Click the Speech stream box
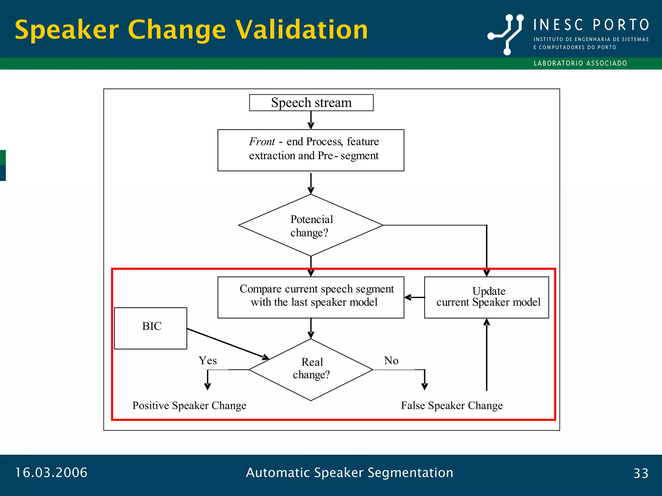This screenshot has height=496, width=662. click(311, 103)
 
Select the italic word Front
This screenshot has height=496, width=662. click(262, 141)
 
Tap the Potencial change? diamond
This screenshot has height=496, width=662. click(311, 225)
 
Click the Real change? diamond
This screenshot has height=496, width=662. click(311, 369)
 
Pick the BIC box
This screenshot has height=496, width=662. click(151, 328)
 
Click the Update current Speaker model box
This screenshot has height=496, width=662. click(486, 297)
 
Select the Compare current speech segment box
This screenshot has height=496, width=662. click(311, 297)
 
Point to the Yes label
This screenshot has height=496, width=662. click(208, 360)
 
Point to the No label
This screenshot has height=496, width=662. click(391, 360)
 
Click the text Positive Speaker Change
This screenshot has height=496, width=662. click(189, 405)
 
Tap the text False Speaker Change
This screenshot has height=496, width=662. click(452, 405)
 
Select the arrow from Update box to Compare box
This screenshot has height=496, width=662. click(414, 297)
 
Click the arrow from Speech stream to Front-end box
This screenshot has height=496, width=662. click(311, 120)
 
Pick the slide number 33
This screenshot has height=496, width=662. click(641, 473)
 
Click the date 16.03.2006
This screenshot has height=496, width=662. click(51, 472)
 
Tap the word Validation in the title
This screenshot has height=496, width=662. click(301, 30)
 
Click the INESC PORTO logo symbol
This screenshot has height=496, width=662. click(506, 34)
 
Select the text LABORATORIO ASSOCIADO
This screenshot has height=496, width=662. click(580, 63)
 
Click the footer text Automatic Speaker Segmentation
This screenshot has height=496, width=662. click(349, 472)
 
